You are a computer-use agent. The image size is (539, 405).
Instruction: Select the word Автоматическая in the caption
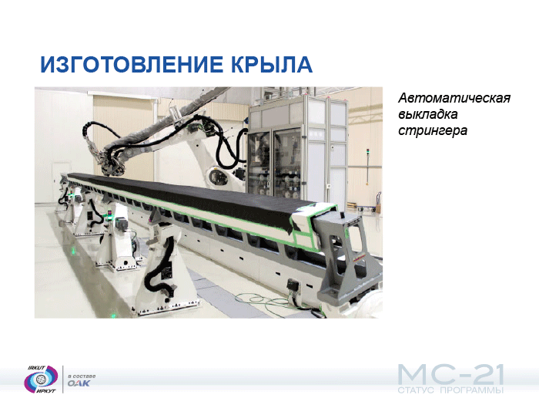(x=454, y=98)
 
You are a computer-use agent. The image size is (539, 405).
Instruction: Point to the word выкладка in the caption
(x=427, y=114)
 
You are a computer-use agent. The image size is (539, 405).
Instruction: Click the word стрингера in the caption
(x=433, y=131)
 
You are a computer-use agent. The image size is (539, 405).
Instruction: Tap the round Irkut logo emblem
(x=41, y=380)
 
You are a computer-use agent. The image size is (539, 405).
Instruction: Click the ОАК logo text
(x=79, y=383)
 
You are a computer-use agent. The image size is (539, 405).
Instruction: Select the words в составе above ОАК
(x=82, y=376)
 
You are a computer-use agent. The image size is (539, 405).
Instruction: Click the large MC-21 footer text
(x=450, y=376)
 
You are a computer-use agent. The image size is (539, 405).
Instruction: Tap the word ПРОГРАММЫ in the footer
(x=471, y=390)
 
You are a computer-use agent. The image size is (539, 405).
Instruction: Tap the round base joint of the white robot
(x=219, y=177)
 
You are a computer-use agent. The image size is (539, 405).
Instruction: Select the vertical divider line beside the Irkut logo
(x=63, y=380)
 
